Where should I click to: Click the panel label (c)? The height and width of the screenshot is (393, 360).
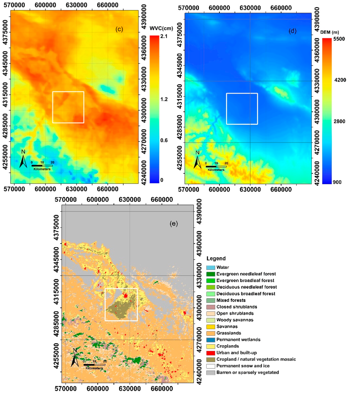[x=119, y=30]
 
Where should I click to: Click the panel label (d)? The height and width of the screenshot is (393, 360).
[x=292, y=31]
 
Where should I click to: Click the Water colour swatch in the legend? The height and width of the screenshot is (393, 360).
[x=210, y=268]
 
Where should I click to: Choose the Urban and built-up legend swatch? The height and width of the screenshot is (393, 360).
[x=210, y=353]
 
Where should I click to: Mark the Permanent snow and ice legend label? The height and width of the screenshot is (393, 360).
[x=243, y=366]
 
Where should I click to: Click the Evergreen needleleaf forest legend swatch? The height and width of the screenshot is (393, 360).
[x=210, y=274]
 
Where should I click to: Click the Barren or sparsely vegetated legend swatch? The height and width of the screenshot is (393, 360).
[x=210, y=372]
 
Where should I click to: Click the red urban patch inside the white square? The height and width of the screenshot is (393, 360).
[x=126, y=296]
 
